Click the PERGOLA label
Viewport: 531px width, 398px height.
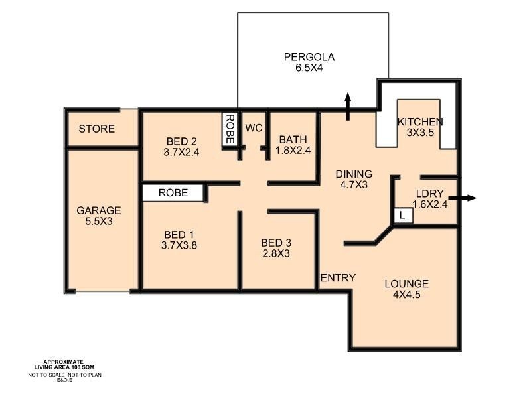[309, 57]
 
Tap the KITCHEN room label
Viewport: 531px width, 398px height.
[420, 122]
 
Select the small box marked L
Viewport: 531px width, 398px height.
[403, 215]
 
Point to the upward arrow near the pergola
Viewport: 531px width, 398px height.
[348, 106]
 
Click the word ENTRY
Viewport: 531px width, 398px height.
[338, 278]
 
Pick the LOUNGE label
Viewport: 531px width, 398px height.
[406, 284]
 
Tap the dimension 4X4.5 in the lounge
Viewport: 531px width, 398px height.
[406, 296]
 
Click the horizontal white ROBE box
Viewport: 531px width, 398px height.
[173, 193]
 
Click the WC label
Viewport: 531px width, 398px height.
[254, 127]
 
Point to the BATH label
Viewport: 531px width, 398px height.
[293, 140]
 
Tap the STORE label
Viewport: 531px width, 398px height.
[97, 129]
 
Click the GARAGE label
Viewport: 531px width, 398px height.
[98, 211]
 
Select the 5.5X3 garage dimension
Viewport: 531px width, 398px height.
[98, 222]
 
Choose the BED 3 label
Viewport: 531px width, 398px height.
[275, 242]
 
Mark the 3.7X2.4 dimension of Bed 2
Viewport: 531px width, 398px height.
[181, 152]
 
